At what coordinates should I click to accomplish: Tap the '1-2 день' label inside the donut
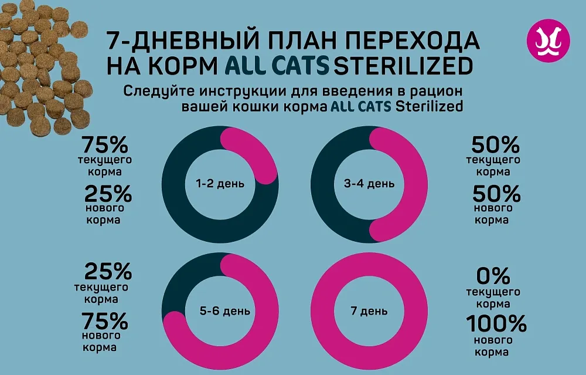pos(220,184)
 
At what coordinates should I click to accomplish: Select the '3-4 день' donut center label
pos(369,184)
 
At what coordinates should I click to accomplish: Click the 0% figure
pos(493,275)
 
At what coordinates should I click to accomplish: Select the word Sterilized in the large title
pos(403,66)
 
